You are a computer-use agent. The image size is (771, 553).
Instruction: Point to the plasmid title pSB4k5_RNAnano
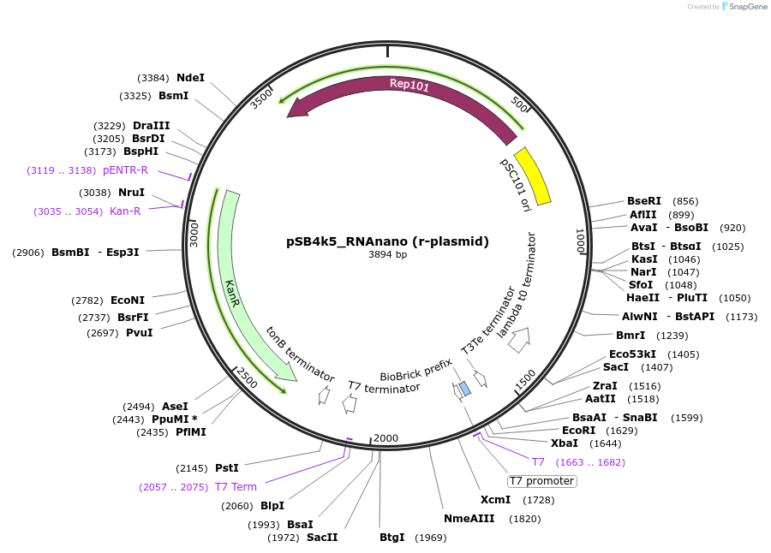pyautogui.click(x=387, y=241)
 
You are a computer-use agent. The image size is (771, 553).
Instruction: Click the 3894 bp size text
pyautogui.click(x=387, y=254)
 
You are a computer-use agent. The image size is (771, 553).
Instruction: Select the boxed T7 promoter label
pyautogui.click(x=542, y=481)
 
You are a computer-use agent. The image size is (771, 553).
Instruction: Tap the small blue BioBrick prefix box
pyautogui.click(x=464, y=389)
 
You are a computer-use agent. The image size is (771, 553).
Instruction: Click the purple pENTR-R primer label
pyautogui.click(x=125, y=170)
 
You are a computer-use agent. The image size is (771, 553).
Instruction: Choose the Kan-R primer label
pyautogui.click(x=125, y=211)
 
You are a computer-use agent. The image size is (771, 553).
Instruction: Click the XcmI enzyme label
pyautogui.click(x=495, y=499)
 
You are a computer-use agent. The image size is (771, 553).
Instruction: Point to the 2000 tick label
pyautogui.click(x=386, y=437)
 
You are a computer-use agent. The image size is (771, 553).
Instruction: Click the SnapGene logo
pyautogui.click(x=744, y=7)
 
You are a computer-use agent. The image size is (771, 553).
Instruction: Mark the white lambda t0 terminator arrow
pyautogui.click(x=518, y=342)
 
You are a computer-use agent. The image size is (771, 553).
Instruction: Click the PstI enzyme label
pyautogui.click(x=226, y=468)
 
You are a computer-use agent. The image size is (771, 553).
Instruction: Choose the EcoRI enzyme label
pyautogui.click(x=578, y=430)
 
